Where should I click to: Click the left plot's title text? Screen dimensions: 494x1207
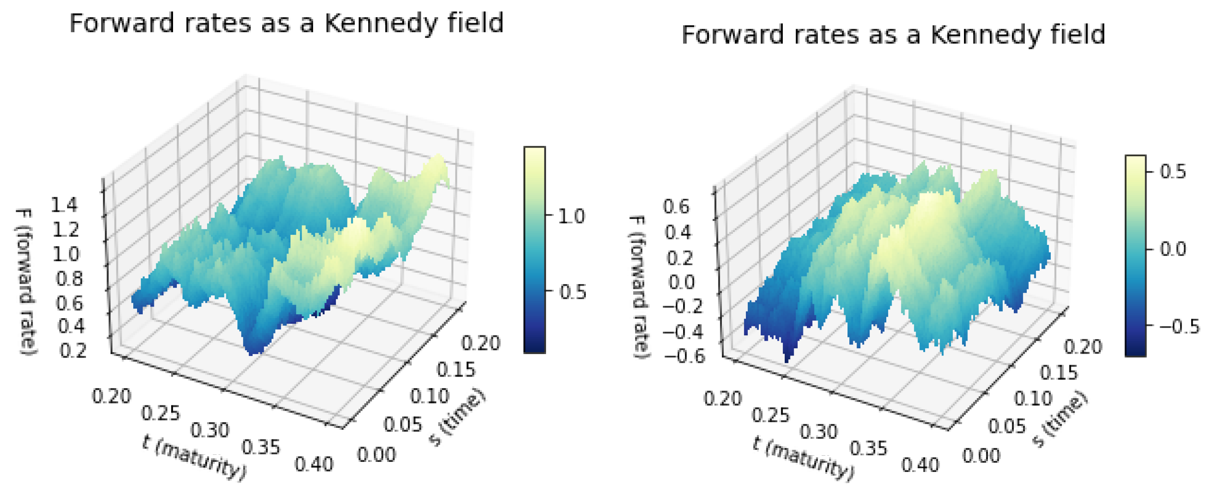(x=286, y=23)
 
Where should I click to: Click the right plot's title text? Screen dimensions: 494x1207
(x=893, y=34)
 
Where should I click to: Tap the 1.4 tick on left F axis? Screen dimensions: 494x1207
(x=64, y=205)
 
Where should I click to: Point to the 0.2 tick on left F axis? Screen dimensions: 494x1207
(x=73, y=351)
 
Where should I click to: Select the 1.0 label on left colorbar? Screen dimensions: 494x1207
(x=571, y=216)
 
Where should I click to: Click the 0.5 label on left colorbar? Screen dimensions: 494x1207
(x=572, y=292)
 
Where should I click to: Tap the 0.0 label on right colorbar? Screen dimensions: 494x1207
(x=1173, y=249)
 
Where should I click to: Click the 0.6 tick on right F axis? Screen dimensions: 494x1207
(x=676, y=207)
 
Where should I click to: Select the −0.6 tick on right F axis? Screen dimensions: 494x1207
(x=685, y=356)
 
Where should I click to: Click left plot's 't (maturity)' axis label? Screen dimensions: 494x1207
(x=194, y=457)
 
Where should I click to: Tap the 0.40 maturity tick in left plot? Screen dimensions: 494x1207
(x=313, y=464)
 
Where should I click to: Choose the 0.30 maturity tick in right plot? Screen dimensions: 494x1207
(x=818, y=432)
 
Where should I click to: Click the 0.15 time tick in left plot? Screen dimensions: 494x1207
(x=455, y=369)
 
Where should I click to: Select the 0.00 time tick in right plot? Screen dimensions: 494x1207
(x=981, y=456)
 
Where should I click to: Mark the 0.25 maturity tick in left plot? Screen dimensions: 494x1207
(x=161, y=413)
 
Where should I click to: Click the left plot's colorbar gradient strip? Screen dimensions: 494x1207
(x=534, y=249)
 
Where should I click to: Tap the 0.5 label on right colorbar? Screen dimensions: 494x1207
(x=1173, y=171)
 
